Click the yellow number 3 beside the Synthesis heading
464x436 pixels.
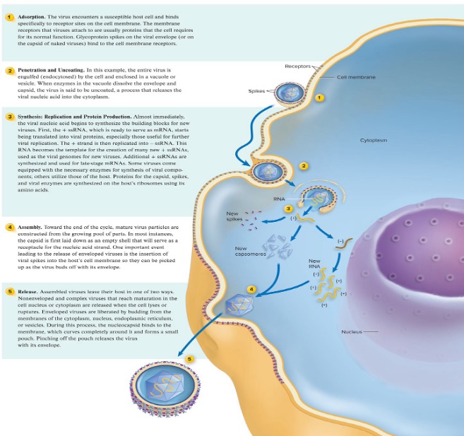click(x=9, y=117)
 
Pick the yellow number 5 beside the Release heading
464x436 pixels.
click(x=9, y=290)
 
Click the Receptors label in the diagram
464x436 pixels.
click(x=297, y=66)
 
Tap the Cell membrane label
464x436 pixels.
click(x=356, y=77)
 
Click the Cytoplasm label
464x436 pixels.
click(x=374, y=140)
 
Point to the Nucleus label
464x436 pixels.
click(x=352, y=331)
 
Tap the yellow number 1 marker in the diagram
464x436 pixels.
click(x=319, y=98)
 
